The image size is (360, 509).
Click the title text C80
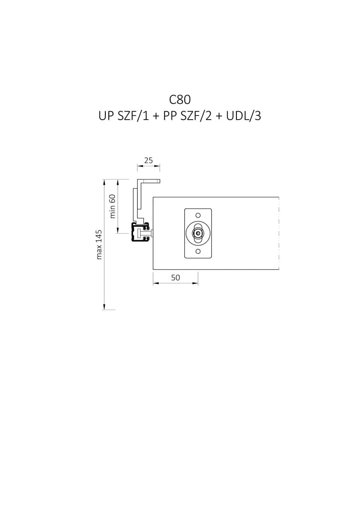(180, 100)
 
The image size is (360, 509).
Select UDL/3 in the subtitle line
(243, 116)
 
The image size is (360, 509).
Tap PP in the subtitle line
(170, 116)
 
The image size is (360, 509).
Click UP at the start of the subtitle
(106, 116)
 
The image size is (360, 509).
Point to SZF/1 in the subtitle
(133, 116)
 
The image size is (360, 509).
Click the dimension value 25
(149, 161)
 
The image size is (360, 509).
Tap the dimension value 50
(175, 278)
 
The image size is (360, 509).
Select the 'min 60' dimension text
(112, 206)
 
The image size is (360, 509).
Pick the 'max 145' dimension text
(99, 245)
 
